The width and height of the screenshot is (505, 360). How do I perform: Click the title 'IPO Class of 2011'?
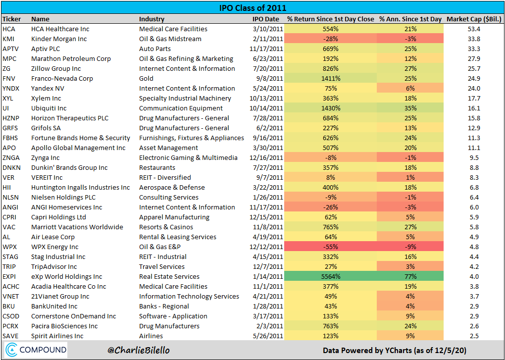252,8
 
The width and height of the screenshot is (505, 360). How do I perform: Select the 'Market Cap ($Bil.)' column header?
473,19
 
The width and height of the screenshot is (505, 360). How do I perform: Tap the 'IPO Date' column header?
265,19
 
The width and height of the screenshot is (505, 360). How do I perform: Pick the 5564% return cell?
331,276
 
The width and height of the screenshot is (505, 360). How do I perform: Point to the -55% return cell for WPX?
331,247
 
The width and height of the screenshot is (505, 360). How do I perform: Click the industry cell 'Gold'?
147,78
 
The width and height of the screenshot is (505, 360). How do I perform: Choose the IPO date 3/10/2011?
267,29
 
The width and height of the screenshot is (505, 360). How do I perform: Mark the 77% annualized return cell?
410,276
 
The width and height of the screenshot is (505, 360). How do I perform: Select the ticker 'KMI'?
8,39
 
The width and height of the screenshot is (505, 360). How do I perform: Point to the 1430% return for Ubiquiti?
331,108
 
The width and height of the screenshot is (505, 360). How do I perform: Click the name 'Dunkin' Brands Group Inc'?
69,167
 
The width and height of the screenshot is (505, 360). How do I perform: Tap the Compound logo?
36,350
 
